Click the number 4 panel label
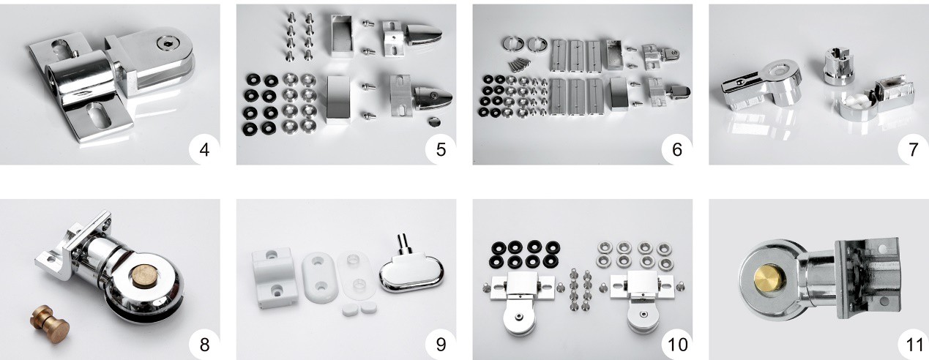click(x=204, y=150)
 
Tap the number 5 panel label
click(x=441, y=150)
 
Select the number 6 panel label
click(x=677, y=150)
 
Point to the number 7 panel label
click(x=913, y=150)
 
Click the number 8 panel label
click(x=204, y=345)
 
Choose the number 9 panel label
click(x=441, y=345)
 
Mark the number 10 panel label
click(x=678, y=345)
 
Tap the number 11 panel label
click(x=912, y=345)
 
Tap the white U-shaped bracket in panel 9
click(x=272, y=278)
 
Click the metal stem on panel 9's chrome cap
click(x=402, y=244)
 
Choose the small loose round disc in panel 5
click(x=434, y=121)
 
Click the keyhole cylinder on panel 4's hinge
click(x=167, y=42)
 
